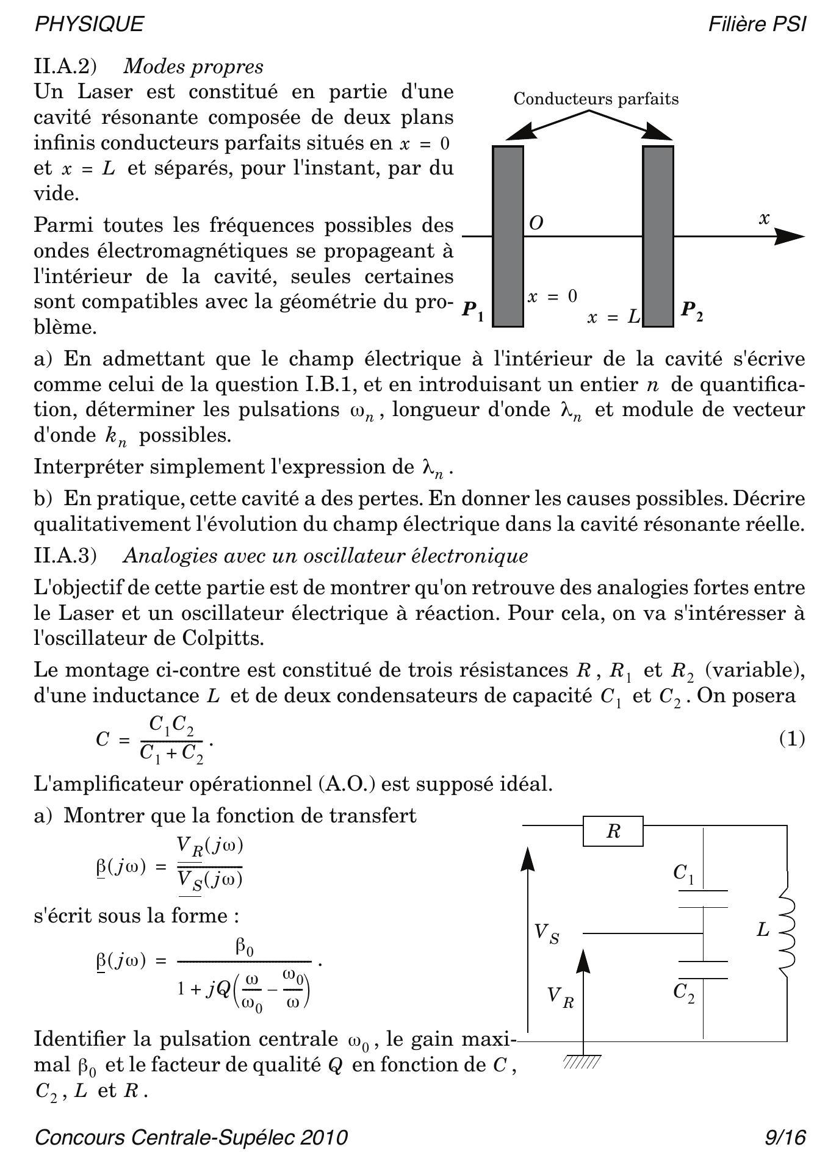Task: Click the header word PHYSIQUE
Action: point(89,24)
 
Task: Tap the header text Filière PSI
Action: point(757,24)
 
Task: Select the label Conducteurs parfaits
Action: point(596,99)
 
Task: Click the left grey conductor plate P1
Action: point(508,237)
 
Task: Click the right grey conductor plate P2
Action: point(658,237)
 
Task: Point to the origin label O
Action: point(536,223)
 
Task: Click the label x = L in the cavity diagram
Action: point(613,317)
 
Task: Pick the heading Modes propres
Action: point(193,66)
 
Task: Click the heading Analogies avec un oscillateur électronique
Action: point(325,556)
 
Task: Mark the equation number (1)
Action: point(791,739)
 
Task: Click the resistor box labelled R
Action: point(613,832)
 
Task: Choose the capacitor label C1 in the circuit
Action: point(683,874)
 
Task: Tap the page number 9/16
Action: point(785,1138)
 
